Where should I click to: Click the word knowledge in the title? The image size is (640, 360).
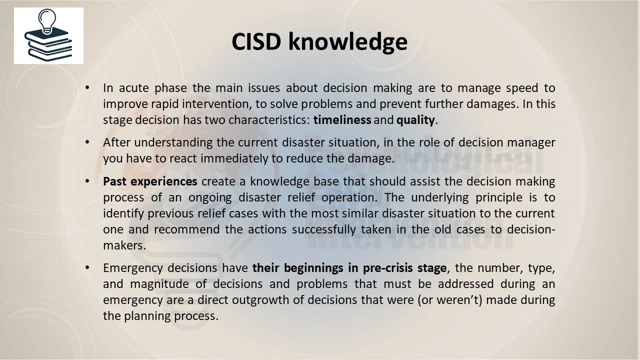[x=347, y=41]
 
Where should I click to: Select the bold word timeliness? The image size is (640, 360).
[x=342, y=120]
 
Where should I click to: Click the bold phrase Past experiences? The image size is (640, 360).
[x=150, y=181]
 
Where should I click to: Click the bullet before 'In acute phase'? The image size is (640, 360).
[x=87, y=87]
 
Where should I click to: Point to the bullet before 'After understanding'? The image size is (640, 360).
[x=87, y=142]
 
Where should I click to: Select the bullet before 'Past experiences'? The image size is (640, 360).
[x=87, y=181]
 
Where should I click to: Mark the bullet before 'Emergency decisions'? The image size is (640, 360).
[x=87, y=267]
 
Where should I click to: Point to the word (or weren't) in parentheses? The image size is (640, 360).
[x=450, y=300]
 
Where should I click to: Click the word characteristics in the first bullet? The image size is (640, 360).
[x=269, y=120]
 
